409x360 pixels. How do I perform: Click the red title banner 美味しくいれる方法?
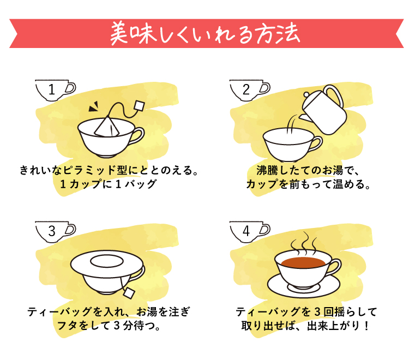[206, 33]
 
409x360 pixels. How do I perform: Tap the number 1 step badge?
[55, 90]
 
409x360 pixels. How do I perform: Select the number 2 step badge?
[250, 90]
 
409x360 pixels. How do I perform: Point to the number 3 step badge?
[55, 232]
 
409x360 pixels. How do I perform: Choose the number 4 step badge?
[250, 232]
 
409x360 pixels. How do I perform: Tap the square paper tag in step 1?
[139, 105]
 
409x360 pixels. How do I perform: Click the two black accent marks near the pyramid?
[94, 106]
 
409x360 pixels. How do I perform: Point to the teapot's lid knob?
[306, 94]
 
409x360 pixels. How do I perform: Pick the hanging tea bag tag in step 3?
[129, 293]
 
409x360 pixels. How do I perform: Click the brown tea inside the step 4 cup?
[303, 262]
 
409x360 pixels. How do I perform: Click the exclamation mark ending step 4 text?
[367, 326]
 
